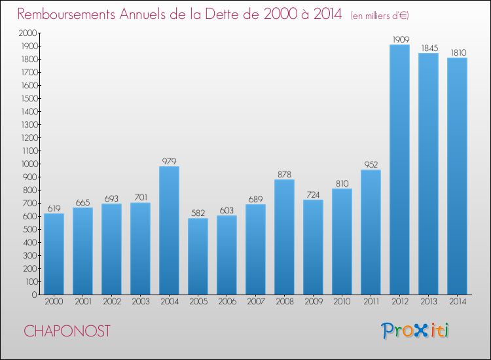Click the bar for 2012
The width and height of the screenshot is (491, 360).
pyautogui.click(x=399, y=170)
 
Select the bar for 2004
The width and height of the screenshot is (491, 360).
pyautogui.click(x=169, y=230)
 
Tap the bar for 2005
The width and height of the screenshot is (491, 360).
pyautogui.click(x=198, y=256)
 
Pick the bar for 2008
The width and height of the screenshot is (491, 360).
pyautogui.click(x=284, y=237)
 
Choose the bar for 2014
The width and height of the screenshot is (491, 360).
pyautogui.click(x=457, y=176)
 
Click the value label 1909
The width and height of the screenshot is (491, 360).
pyautogui.click(x=399, y=39)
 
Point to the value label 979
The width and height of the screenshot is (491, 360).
pyautogui.click(x=169, y=161)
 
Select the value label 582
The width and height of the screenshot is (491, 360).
pyautogui.click(x=198, y=213)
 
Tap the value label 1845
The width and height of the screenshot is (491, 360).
pyautogui.click(x=428, y=48)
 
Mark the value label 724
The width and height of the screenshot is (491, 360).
pyautogui.click(x=313, y=194)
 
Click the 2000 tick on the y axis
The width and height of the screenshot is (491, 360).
pyautogui.click(x=27, y=33)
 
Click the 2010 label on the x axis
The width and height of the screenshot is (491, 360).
pyautogui.click(x=342, y=301)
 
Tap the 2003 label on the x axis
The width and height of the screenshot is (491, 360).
pyautogui.click(x=140, y=301)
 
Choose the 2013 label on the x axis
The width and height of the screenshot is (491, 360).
pyautogui.click(x=428, y=301)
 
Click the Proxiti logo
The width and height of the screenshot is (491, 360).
pyautogui.click(x=416, y=331)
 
